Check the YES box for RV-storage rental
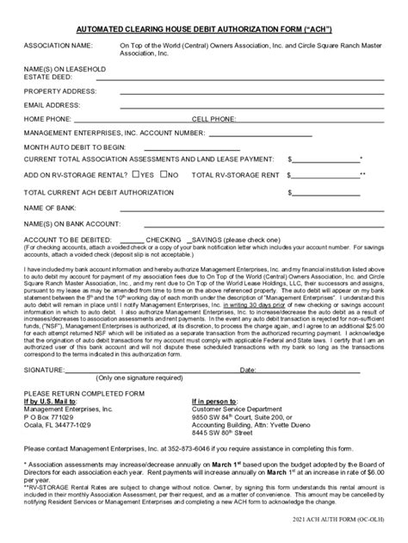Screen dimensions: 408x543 [137, 174]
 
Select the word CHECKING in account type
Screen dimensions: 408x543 [164, 237]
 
